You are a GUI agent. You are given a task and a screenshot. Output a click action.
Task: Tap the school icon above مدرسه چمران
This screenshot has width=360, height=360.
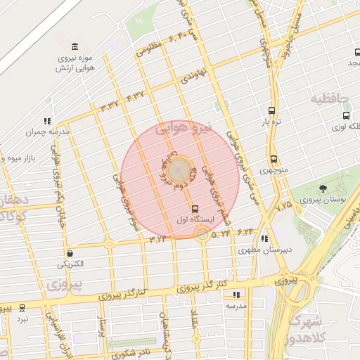tap(47, 121)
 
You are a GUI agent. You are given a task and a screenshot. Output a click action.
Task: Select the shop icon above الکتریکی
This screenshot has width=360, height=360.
tap(70, 253)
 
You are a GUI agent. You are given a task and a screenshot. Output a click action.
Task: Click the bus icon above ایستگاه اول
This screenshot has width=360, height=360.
tap(195, 209)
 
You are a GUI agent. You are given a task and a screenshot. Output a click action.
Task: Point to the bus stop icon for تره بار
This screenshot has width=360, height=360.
tap(271, 110)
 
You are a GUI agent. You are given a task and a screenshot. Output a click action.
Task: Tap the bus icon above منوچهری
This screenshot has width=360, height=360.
tap(273, 159)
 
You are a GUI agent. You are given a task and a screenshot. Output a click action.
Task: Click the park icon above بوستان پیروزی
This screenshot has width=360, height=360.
tap(323, 188)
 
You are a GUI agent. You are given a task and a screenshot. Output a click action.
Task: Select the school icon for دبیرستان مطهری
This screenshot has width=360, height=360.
tap(264, 238)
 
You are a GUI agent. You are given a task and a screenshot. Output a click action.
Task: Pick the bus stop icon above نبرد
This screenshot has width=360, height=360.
tap(22, 308)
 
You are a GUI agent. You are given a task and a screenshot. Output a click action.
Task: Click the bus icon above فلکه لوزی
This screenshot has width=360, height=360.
tap(346, 115)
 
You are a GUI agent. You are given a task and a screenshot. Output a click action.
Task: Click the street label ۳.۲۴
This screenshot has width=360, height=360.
tap(157, 239)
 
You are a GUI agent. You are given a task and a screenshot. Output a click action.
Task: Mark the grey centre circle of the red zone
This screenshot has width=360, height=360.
tap(179, 170)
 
